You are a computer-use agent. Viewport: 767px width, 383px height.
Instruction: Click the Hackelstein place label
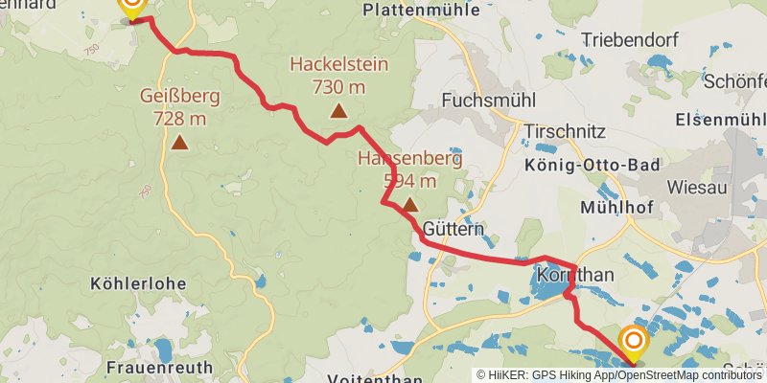(338, 65)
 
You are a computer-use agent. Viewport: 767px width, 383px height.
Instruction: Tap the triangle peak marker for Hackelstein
(338, 111)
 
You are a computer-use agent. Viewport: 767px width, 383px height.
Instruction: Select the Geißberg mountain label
(179, 96)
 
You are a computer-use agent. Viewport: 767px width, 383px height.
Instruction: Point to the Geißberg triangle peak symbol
(179, 143)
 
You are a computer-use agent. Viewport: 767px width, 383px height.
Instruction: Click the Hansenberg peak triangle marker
(410, 204)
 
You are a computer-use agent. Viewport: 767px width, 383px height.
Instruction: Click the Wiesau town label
(697, 188)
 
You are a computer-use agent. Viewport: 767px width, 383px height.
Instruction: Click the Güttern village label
(453, 230)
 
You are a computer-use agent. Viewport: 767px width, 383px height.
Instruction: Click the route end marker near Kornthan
(633, 342)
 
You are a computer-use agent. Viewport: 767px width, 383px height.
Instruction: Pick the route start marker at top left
(131, 7)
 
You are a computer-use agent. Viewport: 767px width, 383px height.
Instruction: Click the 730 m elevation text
(338, 87)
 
